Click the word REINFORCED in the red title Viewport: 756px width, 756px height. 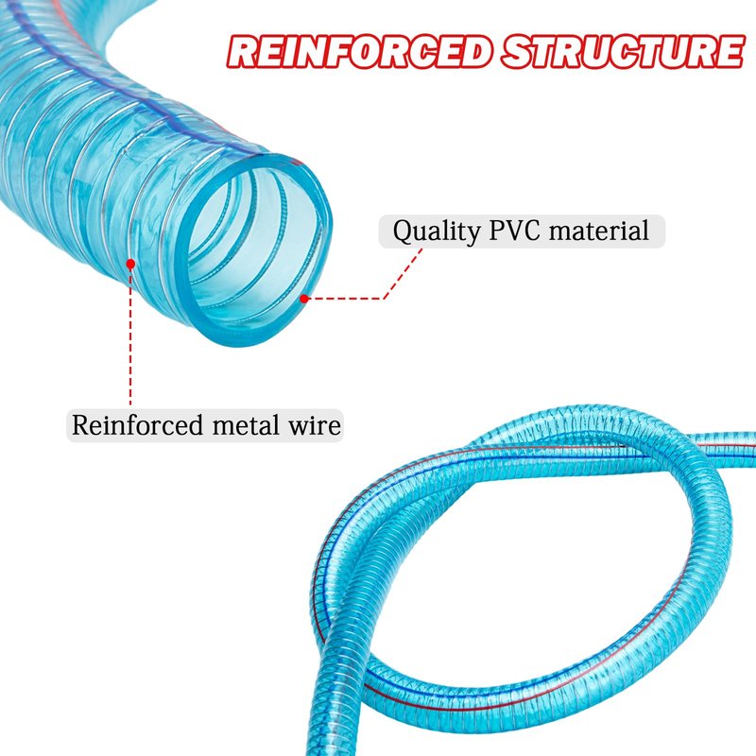(359, 51)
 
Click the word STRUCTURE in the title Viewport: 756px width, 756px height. (623, 51)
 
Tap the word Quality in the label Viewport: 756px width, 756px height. (437, 232)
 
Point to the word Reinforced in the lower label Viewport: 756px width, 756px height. (137, 425)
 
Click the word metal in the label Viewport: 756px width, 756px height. (246, 425)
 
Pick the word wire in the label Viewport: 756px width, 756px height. (315, 425)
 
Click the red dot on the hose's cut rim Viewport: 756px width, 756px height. (303, 299)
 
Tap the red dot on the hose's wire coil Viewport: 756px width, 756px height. (130, 264)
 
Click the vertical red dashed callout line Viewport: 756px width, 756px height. (130, 336)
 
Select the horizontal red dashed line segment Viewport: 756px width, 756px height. (346, 299)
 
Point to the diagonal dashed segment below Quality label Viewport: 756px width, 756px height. (404, 273)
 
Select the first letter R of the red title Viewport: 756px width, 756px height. (242, 52)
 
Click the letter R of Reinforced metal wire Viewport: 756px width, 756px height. (80, 425)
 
